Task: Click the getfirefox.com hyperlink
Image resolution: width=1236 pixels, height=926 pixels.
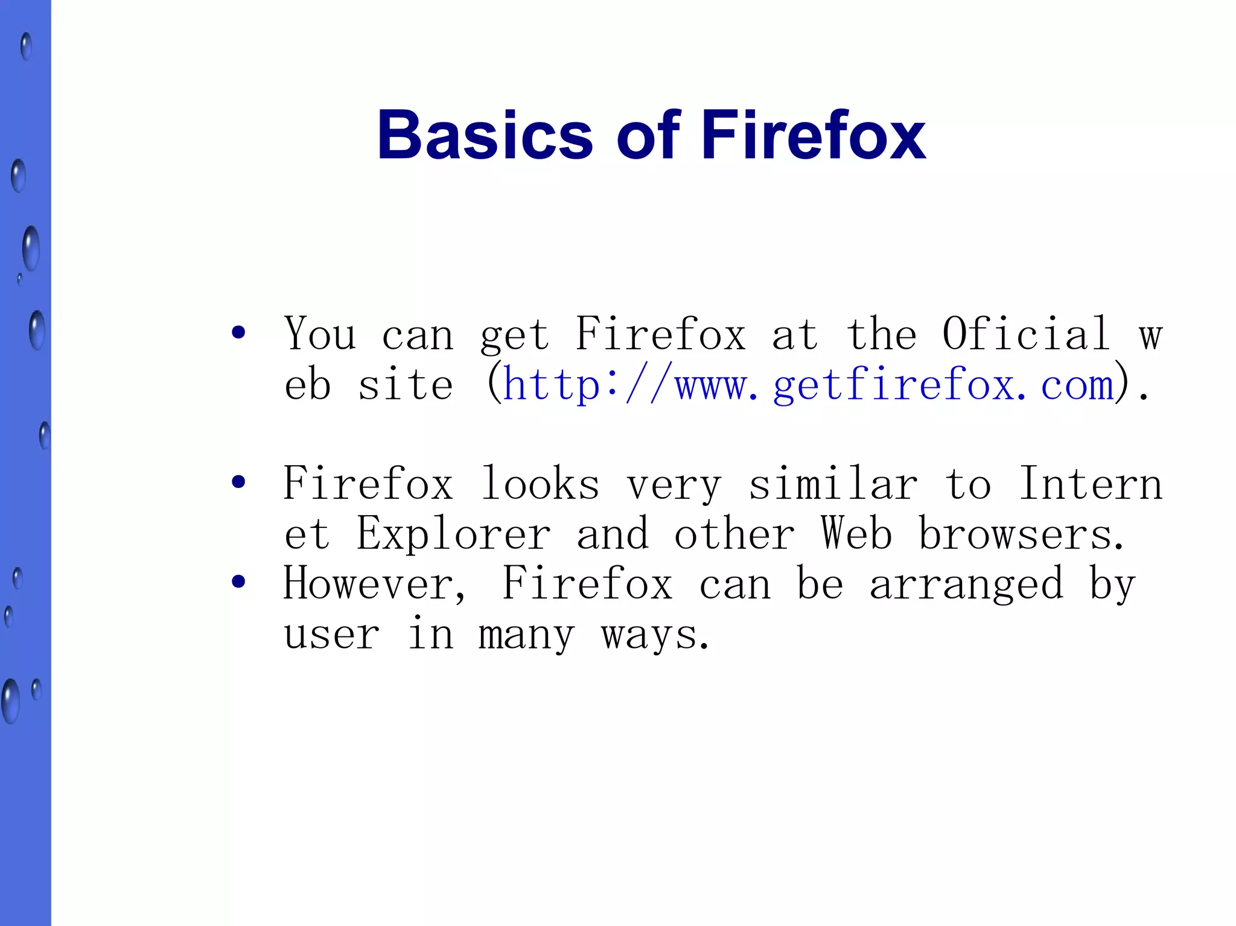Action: click(808, 384)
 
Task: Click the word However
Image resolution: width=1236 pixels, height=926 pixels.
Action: click(374, 584)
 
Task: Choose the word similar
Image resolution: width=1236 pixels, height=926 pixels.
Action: click(833, 484)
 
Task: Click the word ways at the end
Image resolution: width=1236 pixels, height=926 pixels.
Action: click(655, 635)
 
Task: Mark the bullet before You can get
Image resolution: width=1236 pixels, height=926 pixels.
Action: click(238, 333)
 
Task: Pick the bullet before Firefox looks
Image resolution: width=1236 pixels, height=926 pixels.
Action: click(238, 482)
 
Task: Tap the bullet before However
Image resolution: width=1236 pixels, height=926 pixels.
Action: click(238, 582)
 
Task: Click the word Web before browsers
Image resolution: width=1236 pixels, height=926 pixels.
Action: click(856, 534)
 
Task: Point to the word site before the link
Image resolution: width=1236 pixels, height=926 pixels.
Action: click(405, 385)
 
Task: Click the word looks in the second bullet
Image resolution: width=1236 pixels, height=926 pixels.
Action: click(540, 484)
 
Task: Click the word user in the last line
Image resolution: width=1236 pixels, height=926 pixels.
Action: click(332, 635)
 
